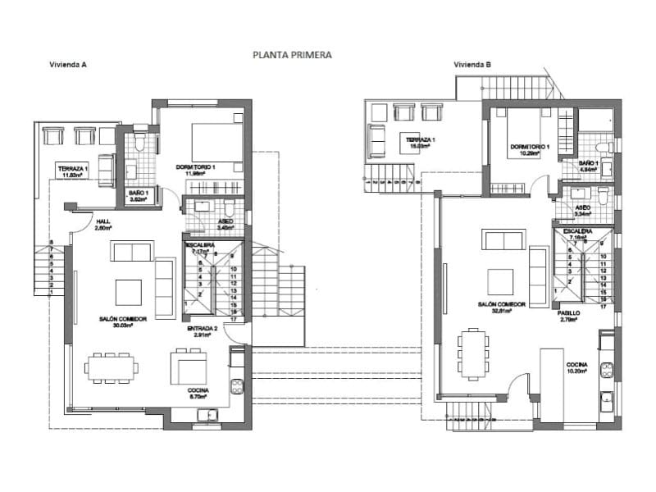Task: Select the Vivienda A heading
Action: click(67, 65)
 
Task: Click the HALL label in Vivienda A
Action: click(103, 221)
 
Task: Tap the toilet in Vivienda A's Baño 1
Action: click(139, 145)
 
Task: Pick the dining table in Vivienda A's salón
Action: click(109, 367)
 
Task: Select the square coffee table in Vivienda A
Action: click(128, 292)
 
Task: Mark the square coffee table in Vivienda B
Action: click(500, 281)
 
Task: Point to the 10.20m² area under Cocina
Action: click(576, 371)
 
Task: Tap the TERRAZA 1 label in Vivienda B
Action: click(419, 140)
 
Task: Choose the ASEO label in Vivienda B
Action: click(583, 208)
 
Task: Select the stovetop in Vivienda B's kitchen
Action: click(607, 369)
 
